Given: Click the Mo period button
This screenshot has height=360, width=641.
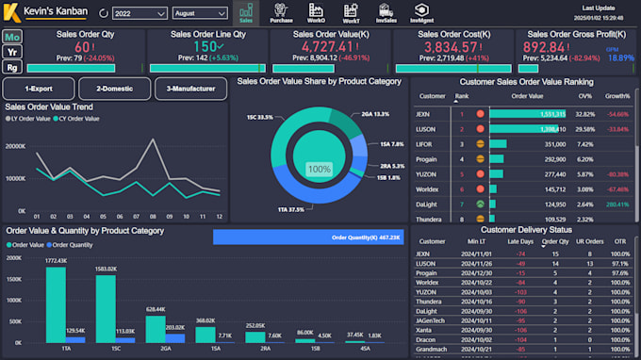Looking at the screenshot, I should pyautogui.click(x=11, y=36).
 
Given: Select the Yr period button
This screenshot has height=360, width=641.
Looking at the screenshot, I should pyautogui.click(x=11, y=51).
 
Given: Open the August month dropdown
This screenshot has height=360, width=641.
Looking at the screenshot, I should pyautogui.click(x=199, y=14).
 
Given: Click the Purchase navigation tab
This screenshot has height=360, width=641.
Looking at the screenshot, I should pyautogui.click(x=281, y=12).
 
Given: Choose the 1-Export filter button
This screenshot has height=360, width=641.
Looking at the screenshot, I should pyautogui.click(x=38, y=90).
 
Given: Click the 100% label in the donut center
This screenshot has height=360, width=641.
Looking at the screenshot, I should pyautogui.click(x=320, y=169).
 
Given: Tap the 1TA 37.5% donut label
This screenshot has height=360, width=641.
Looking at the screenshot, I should pyautogui.click(x=290, y=209).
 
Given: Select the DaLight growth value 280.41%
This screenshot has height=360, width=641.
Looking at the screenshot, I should pyautogui.click(x=617, y=204).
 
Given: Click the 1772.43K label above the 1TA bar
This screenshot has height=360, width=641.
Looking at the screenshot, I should pyautogui.click(x=56, y=260).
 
